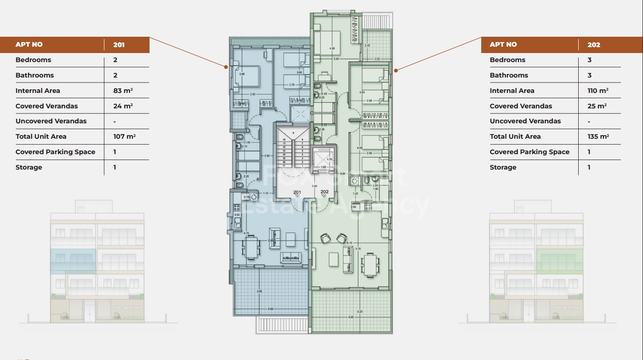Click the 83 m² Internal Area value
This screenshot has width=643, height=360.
123,91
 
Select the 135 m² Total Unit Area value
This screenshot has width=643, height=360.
598,136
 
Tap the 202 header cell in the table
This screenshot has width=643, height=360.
594,44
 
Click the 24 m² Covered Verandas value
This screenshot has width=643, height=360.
123,106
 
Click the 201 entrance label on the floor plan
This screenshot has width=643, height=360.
297,192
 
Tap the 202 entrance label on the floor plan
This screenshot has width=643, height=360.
324,192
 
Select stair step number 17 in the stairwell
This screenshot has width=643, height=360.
284,165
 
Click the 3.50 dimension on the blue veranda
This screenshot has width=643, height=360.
259,291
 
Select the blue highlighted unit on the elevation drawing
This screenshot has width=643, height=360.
73,261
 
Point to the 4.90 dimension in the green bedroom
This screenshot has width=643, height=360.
332,48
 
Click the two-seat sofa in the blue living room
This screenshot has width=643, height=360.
290,258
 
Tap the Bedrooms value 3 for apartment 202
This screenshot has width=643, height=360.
590,60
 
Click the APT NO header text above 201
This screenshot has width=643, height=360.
29,44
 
